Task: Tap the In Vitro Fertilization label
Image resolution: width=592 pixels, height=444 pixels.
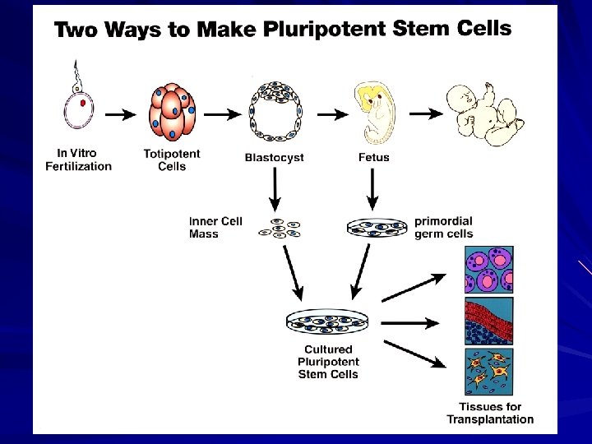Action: [78, 160]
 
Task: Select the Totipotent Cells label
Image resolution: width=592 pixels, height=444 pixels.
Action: [171, 160]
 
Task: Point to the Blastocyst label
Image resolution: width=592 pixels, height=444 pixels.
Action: [275, 157]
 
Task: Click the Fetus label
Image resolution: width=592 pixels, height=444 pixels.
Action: [374, 157]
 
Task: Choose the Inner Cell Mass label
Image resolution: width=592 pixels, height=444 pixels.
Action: [215, 228]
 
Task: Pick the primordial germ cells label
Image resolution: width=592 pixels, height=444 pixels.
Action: [444, 228]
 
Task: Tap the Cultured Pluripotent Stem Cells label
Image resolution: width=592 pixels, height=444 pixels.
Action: [328, 362]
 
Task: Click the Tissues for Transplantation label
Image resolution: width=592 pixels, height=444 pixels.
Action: [490, 413]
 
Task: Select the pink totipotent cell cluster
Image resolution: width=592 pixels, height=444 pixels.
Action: [173, 114]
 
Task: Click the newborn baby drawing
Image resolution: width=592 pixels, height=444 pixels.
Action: [483, 113]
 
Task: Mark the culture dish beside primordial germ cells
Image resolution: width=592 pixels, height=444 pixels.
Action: [377, 227]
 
